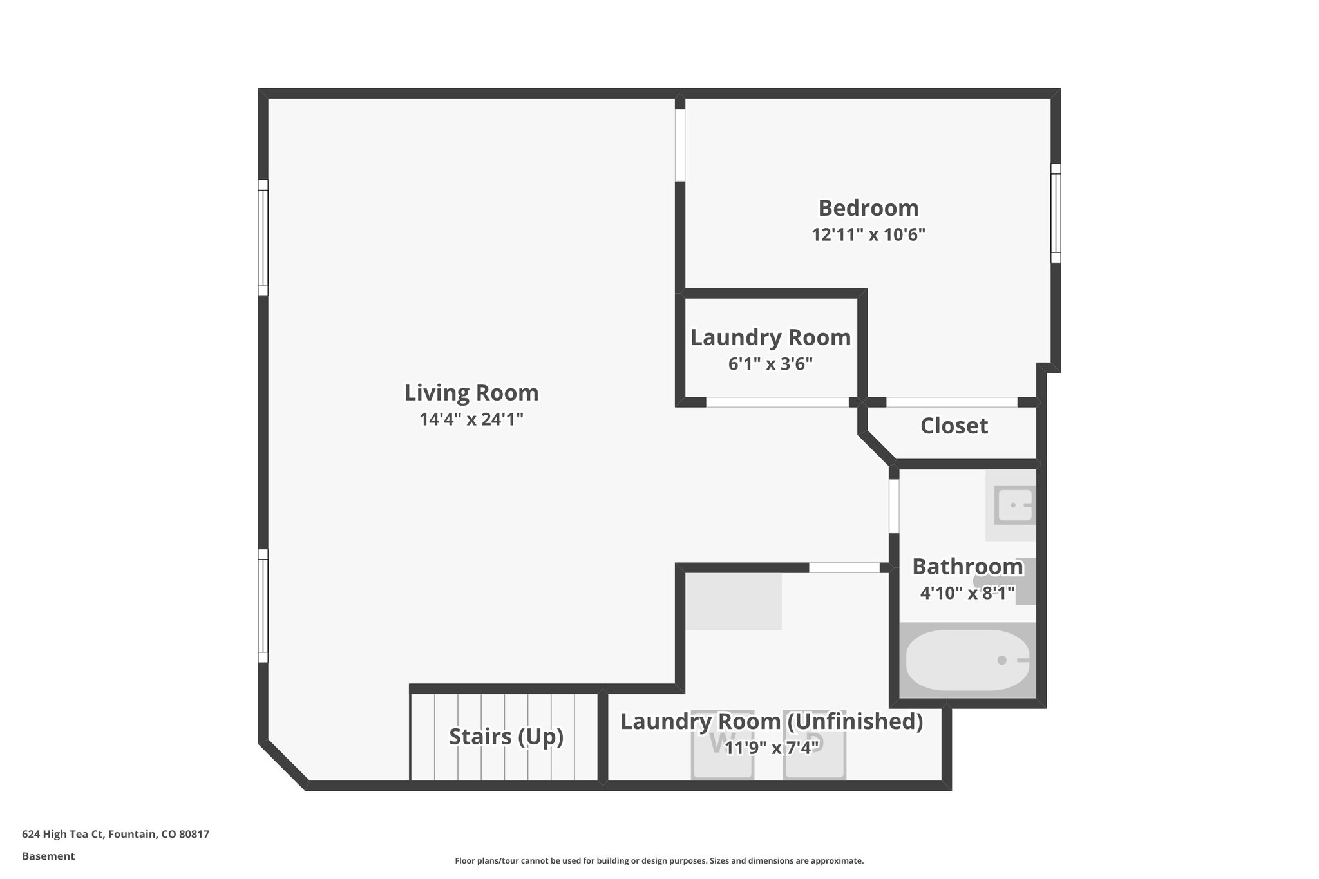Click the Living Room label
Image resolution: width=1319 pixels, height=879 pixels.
[471, 392]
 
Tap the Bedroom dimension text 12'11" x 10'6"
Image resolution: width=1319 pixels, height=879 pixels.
[868, 234]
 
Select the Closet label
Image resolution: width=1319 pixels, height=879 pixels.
[954, 426]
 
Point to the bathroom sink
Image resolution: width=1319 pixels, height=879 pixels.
[1014, 505]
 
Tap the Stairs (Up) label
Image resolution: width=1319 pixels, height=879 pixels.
[506, 736]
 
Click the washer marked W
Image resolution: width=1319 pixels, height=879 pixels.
[722, 745]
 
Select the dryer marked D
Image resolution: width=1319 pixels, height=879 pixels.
[814, 745]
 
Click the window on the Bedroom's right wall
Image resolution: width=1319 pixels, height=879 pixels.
[1056, 213]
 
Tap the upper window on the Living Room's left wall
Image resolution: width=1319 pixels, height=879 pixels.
[263, 237]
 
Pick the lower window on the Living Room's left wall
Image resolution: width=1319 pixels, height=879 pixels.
[263, 605]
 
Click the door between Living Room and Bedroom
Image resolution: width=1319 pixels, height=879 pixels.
[679, 145]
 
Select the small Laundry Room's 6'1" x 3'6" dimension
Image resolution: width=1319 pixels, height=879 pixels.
[770, 364]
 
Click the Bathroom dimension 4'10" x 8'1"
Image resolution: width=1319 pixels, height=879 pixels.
[967, 592]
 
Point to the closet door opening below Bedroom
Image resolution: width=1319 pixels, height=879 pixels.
[952, 402]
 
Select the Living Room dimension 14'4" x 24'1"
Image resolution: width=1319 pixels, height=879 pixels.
[471, 419]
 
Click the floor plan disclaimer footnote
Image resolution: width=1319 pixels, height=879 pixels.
[659, 860]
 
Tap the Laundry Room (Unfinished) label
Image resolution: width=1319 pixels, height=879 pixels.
[771, 721]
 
